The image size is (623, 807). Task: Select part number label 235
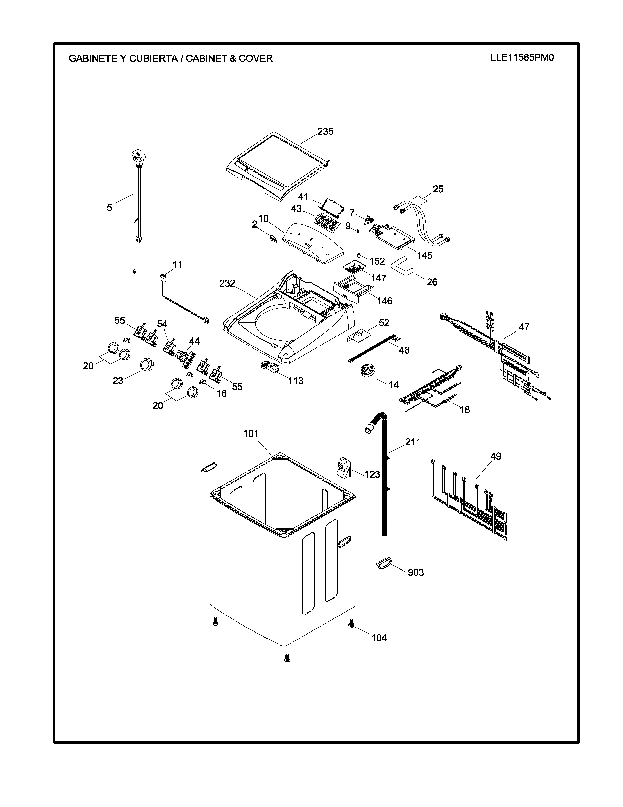click(x=325, y=132)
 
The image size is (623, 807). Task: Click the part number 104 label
click(x=379, y=638)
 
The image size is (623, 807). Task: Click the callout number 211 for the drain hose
click(x=413, y=442)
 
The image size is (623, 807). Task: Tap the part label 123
click(x=372, y=474)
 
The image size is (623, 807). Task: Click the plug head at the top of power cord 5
click(x=138, y=156)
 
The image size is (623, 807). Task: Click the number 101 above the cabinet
click(x=251, y=433)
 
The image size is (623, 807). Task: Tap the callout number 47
click(x=524, y=327)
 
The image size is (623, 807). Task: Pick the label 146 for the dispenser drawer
click(x=385, y=301)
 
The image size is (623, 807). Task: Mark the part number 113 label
click(x=296, y=381)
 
